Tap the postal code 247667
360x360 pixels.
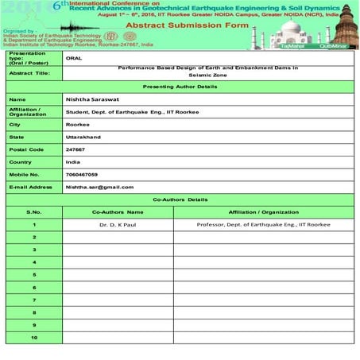pyautogui.click(x=76, y=149)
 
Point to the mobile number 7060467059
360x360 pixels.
pyautogui.click(x=82, y=173)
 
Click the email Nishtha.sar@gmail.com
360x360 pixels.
pyautogui.click(x=99, y=187)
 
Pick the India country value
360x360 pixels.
pyautogui.click(x=73, y=161)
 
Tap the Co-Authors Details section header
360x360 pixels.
pyautogui.click(x=180, y=199)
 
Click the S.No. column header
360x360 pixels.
pyautogui.click(x=33, y=212)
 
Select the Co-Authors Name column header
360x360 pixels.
pyautogui.click(x=118, y=212)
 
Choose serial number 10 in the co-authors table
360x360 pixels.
pyautogui.click(x=33, y=338)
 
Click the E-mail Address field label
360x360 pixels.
pyautogui.click(x=29, y=187)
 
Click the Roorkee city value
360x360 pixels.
pyautogui.click(x=77, y=124)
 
